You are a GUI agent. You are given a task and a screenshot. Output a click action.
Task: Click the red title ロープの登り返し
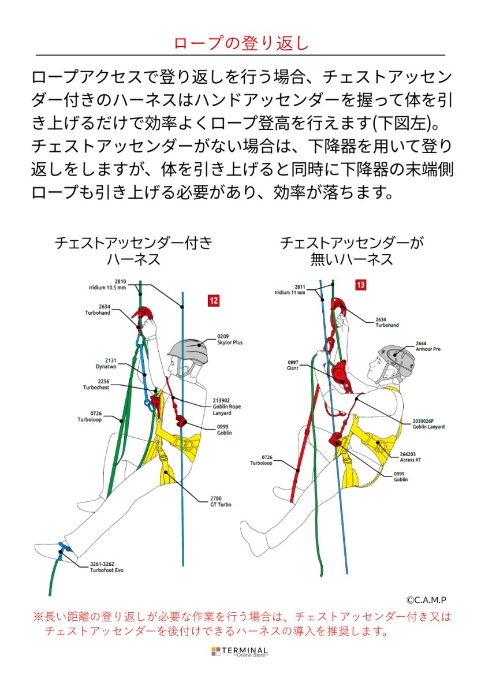(x=241, y=44)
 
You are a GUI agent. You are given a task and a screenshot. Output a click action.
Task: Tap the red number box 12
(x=214, y=300)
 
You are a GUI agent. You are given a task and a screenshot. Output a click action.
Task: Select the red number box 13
(x=360, y=285)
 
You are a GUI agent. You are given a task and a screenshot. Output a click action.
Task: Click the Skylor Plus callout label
(x=230, y=339)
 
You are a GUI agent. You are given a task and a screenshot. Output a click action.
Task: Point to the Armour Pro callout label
(x=428, y=346)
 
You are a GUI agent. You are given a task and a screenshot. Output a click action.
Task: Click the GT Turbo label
(x=221, y=501)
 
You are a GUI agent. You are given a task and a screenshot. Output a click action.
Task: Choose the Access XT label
(x=411, y=457)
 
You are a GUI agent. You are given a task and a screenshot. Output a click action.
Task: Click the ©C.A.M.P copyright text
(x=426, y=600)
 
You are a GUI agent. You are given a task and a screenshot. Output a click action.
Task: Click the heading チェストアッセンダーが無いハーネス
(x=352, y=251)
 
